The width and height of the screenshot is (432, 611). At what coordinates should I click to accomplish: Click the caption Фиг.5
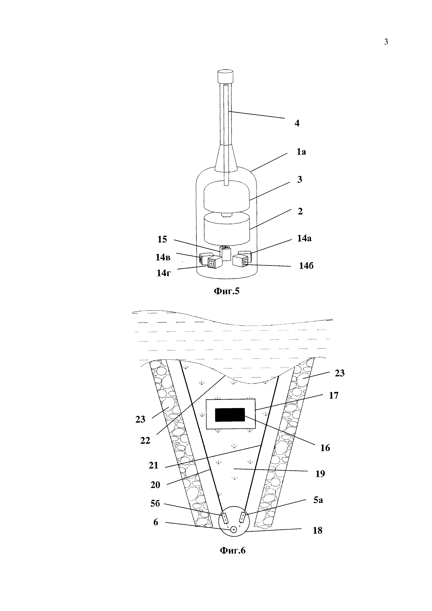coord(227,291)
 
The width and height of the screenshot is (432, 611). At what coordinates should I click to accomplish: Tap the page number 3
coord(386,42)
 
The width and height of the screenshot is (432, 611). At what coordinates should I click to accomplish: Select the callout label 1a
coord(301,152)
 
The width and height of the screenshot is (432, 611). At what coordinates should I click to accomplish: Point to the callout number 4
coord(297,123)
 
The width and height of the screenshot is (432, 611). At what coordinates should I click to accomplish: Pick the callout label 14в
coord(163,257)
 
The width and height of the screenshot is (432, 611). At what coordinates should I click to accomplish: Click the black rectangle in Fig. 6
coord(230,415)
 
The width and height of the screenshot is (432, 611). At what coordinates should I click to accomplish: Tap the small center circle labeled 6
coord(234,530)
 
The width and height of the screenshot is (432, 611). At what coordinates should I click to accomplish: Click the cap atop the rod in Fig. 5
coord(225,76)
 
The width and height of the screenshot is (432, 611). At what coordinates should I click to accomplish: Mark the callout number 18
coord(317,530)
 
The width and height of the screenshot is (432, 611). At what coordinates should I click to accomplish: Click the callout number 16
coord(325,448)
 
